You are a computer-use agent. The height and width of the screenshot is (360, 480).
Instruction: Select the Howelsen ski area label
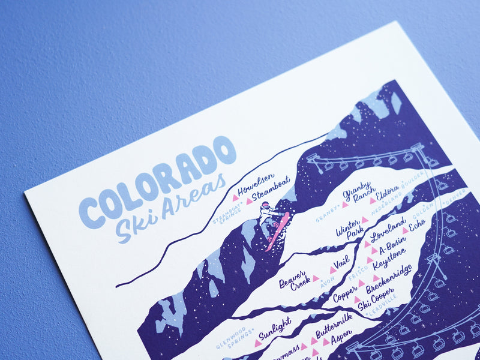(x=255, y=184)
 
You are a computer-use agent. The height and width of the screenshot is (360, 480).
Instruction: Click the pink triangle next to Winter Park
(x=364, y=220)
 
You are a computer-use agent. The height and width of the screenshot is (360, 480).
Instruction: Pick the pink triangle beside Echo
(x=405, y=230)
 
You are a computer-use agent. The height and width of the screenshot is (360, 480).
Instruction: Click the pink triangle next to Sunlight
(x=257, y=343)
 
